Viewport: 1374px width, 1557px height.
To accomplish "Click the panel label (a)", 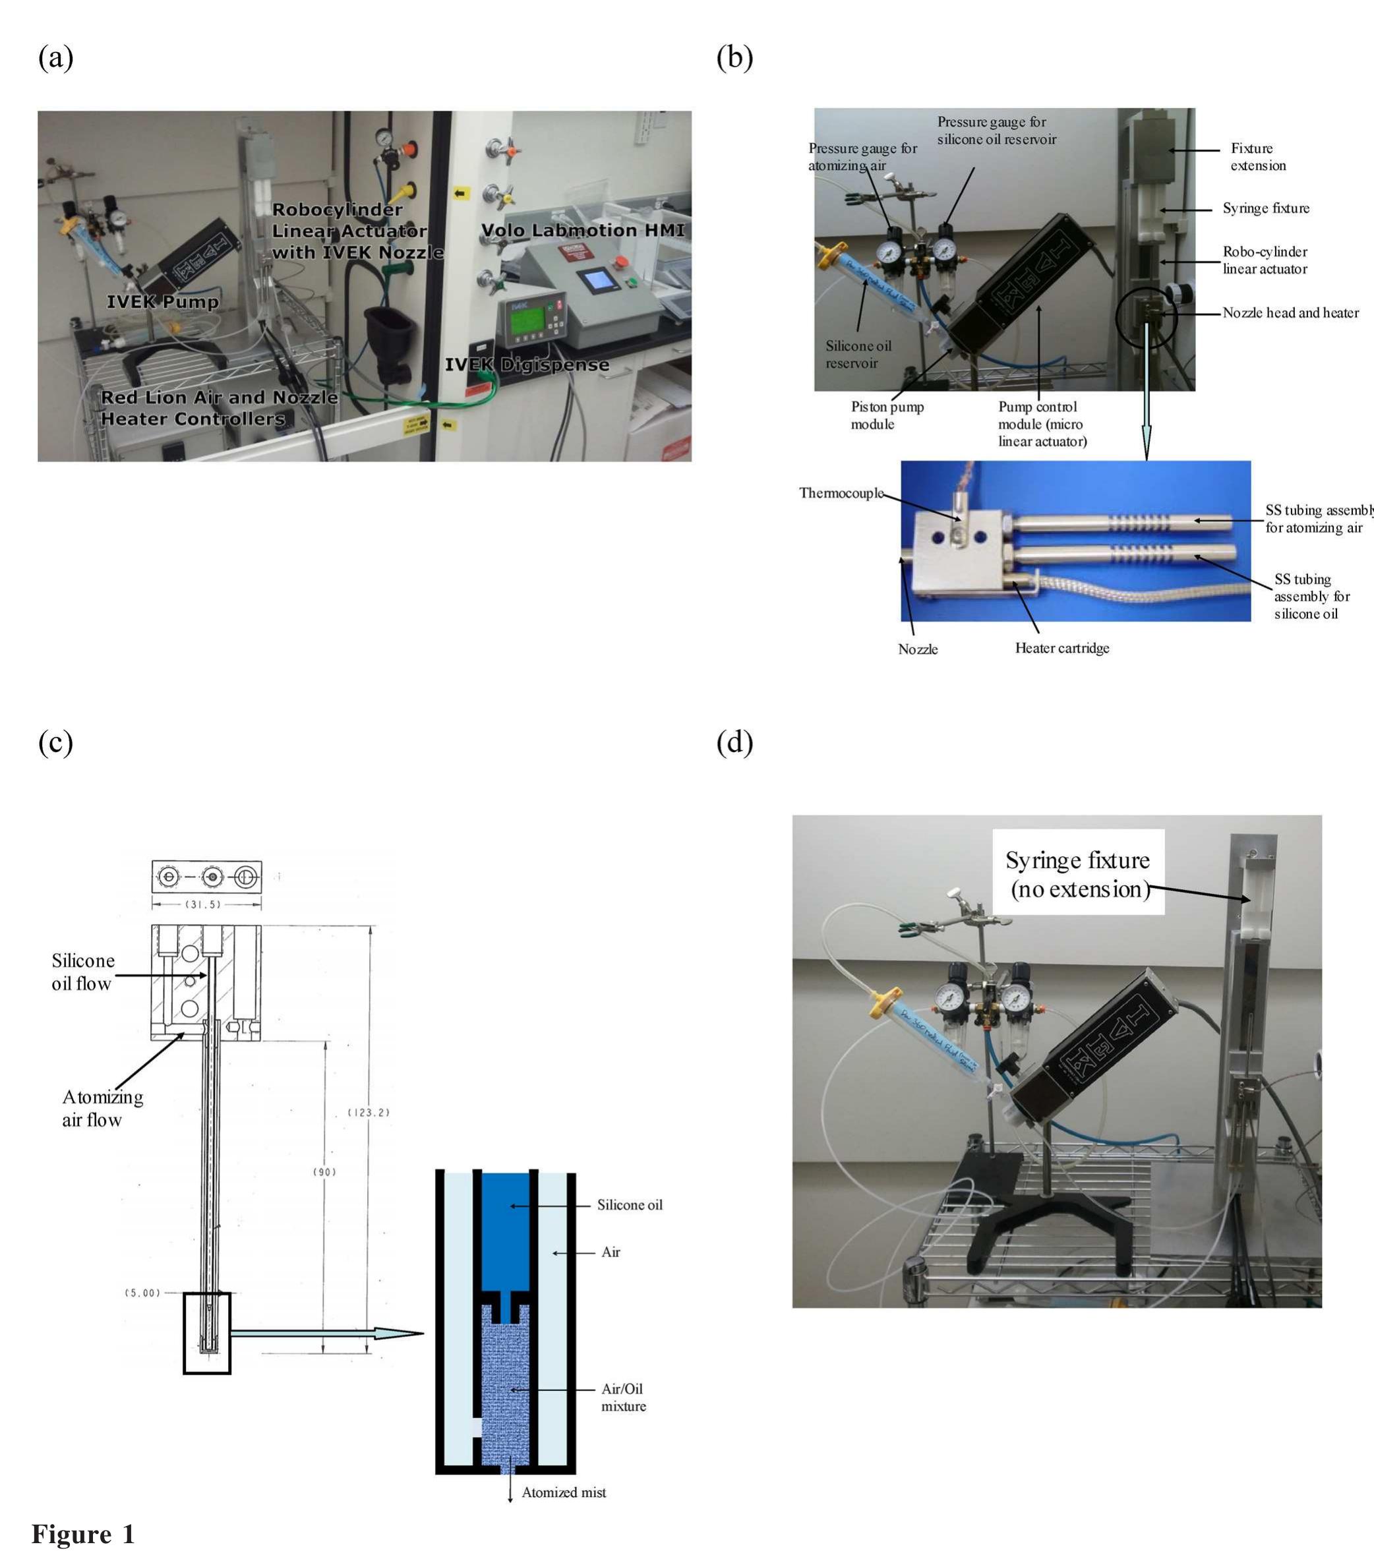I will pyautogui.click(x=55, y=58).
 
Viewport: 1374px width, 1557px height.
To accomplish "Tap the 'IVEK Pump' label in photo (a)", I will pyautogui.click(x=162, y=302).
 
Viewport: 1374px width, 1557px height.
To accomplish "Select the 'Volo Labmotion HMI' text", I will pyautogui.click(x=582, y=230).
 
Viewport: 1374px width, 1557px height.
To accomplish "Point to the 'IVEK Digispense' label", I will pyautogui.click(x=527, y=365).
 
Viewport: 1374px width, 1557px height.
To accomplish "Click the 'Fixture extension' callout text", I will pyautogui.click(x=1257, y=157).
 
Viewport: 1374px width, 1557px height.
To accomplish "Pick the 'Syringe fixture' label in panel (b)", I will pyautogui.click(x=1266, y=208).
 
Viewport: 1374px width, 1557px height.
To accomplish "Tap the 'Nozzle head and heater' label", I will pyautogui.click(x=1290, y=312).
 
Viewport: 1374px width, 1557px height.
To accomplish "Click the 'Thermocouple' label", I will pyautogui.click(x=841, y=493).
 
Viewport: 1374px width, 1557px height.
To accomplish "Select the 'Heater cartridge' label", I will pyautogui.click(x=1061, y=648).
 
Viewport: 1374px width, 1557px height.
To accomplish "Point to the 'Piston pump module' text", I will pyautogui.click(x=887, y=415).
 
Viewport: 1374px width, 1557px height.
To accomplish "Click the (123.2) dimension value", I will pyautogui.click(x=369, y=1112).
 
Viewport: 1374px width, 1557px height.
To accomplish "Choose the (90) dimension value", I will pyautogui.click(x=324, y=1171).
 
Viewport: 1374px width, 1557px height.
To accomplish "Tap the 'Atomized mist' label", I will pyautogui.click(x=563, y=1492).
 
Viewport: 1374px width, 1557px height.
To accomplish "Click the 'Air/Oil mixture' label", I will pyautogui.click(x=623, y=1397).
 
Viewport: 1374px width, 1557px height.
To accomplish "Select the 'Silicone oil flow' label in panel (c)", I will pyautogui.click(x=82, y=972).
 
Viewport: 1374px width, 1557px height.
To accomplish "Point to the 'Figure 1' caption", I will pyautogui.click(x=83, y=1533).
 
